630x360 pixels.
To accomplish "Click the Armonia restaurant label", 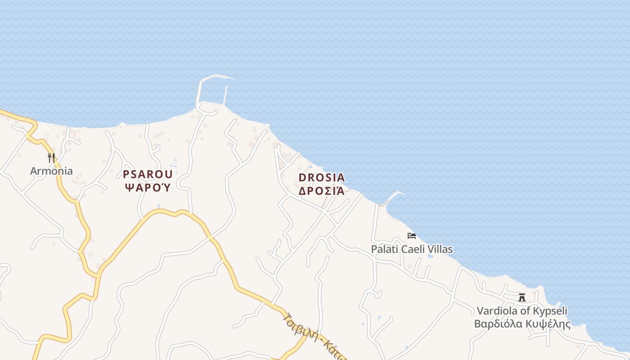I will [51, 171].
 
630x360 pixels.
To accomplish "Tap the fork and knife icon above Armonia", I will [51, 158].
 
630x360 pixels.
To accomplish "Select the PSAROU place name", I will [148, 175].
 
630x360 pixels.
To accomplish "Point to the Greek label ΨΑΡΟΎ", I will [148, 187].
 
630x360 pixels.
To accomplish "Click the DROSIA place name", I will [321, 178].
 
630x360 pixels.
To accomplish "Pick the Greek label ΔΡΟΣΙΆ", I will [321, 191].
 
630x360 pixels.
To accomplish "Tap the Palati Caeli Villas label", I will [411, 249].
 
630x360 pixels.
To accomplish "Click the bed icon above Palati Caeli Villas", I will [411, 236].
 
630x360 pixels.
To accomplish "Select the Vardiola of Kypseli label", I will [522, 311].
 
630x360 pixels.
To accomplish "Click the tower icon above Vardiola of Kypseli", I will [522, 297].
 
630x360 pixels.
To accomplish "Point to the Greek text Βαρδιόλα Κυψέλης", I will [522, 324].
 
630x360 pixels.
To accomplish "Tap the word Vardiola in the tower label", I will [497, 311].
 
